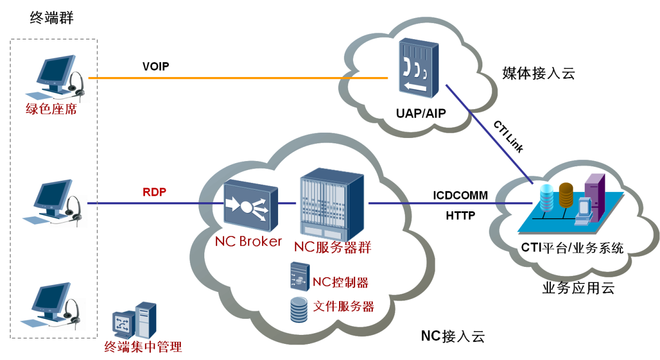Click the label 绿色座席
[x=51, y=110]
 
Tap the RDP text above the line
[x=155, y=192]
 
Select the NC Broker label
[x=248, y=241]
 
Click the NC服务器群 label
[x=333, y=247]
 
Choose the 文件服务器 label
[x=343, y=307]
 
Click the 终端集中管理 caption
[x=143, y=347]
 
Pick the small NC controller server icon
[x=300, y=277]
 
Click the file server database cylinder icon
[x=299, y=310]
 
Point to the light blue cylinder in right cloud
[x=547, y=198]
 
